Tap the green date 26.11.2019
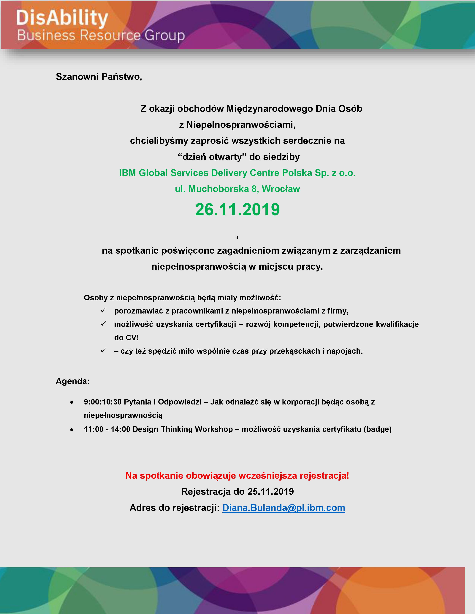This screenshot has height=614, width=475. [x=237, y=210]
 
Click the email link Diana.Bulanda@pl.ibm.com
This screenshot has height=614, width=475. [x=284, y=508]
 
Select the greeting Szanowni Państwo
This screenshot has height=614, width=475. [x=99, y=77]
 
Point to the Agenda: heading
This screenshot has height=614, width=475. [x=73, y=381]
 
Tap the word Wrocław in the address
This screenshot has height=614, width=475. [x=281, y=189]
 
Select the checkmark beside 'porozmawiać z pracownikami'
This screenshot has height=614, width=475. [x=103, y=310]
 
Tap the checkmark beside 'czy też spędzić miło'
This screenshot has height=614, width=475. [x=103, y=351]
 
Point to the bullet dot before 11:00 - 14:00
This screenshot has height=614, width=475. [x=72, y=430]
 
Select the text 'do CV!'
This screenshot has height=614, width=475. [x=126, y=338]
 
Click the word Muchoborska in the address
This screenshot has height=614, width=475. [x=218, y=189]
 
